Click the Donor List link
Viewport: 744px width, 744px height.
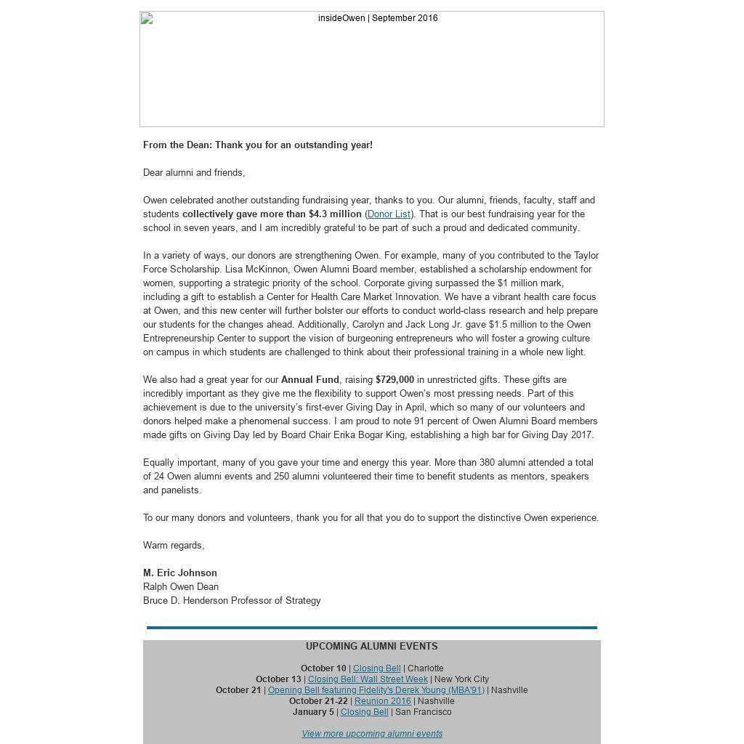click(389, 214)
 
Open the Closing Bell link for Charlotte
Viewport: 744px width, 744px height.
click(376, 668)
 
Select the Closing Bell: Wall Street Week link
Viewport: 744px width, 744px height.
click(368, 679)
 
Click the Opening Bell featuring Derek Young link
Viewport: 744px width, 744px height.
click(376, 690)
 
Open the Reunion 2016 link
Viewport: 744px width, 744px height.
click(382, 701)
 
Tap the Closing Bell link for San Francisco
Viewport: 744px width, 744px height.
click(364, 712)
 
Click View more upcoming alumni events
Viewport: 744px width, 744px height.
click(372, 734)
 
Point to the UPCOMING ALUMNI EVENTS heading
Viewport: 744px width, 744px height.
click(371, 646)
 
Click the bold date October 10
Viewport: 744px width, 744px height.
click(323, 668)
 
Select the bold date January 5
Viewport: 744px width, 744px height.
click(313, 712)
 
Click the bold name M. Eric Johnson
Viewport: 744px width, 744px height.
click(180, 573)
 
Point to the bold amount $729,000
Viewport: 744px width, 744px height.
click(395, 380)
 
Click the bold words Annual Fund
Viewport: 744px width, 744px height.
click(310, 380)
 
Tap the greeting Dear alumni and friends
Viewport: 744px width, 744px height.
click(194, 173)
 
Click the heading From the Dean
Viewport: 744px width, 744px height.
click(258, 145)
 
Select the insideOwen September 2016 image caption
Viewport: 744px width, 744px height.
click(378, 18)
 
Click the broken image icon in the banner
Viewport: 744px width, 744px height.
click(147, 19)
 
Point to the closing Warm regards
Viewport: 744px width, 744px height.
click(174, 546)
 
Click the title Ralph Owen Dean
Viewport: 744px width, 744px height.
click(181, 587)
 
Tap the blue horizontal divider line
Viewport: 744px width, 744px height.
click(372, 627)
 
